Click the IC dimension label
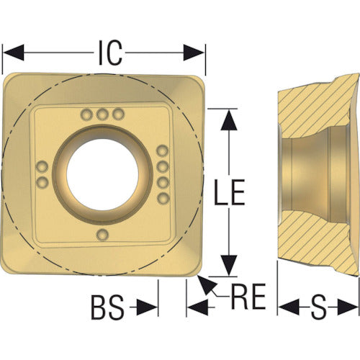[110, 53]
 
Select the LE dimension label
[230, 192]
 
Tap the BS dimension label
[108, 307]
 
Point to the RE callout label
[248, 297]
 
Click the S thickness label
[318, 307]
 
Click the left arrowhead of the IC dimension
[13, 53]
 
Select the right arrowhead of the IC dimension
[194, 53]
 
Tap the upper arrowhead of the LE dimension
[229, 120]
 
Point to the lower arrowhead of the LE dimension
[229, 266]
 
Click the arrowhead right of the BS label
[147, 307]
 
